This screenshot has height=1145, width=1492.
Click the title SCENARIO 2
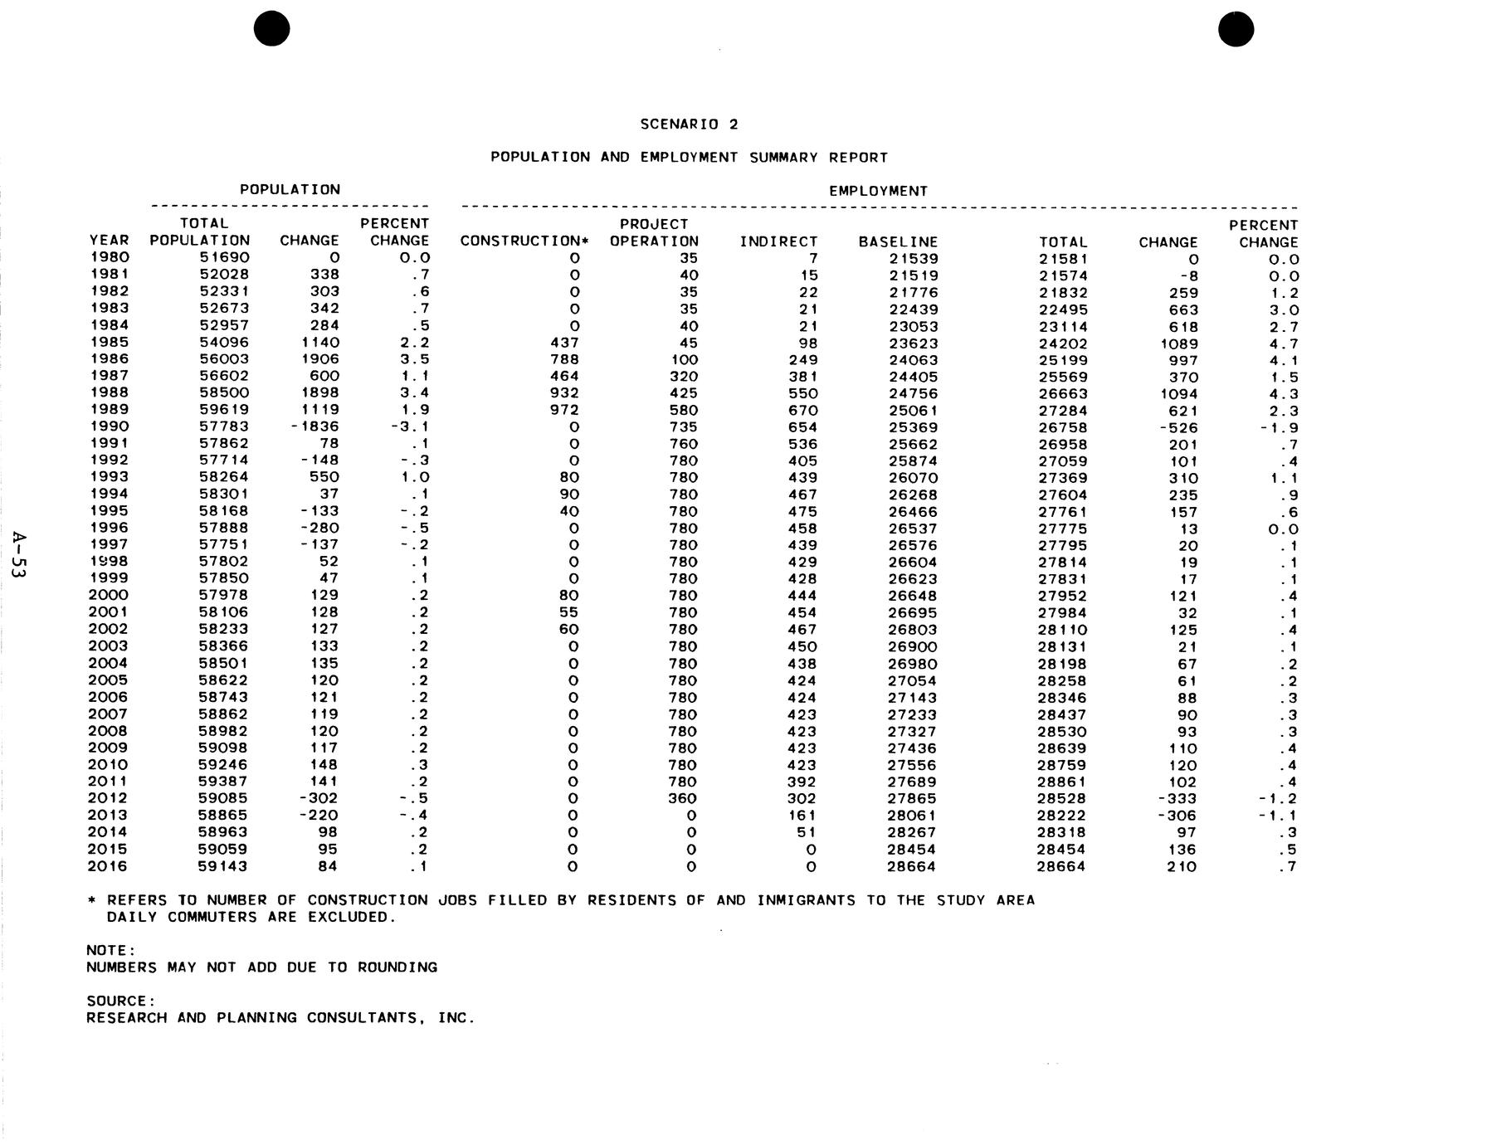(x=689, y=124)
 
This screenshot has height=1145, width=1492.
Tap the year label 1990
(x=110, y=426)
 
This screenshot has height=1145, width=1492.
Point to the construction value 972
(x=564, y=410)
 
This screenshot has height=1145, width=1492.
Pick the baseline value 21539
(x=913, y=259)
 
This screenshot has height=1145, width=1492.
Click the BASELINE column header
(x=898, y=242)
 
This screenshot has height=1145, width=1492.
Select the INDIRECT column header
(x=778, y=242)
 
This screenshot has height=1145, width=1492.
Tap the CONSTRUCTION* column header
(x=524, y=241)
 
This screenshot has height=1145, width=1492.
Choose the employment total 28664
(x=1062, y=867)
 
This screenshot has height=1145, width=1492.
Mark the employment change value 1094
(x=1179, y=394)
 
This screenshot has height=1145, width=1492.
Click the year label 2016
(x=108, y=866)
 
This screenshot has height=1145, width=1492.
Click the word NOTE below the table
(x=110, y=951)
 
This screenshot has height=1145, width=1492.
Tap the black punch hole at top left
(x=272, y=29)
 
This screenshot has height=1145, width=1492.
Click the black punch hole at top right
(x=1236, y=29)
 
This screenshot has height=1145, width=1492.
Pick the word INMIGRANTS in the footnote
(x=806, y=900)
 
